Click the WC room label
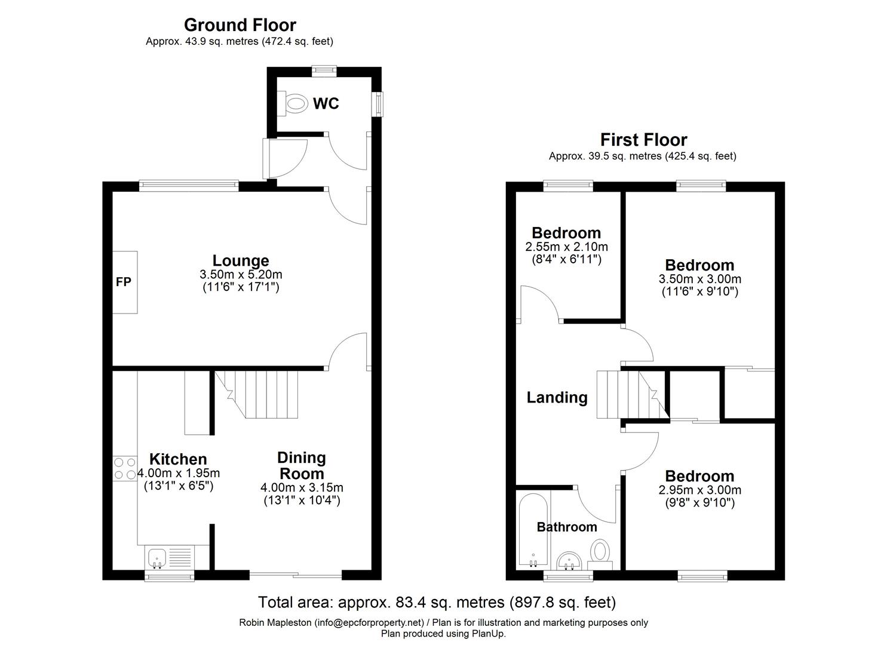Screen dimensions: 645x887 [x=326, y=104]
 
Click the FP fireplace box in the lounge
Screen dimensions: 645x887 [x=124, y=282]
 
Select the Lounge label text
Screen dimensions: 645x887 [x=241, y=260]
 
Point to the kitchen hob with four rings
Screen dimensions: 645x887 [x=124, y=468]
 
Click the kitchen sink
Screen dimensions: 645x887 [x=158, y=557]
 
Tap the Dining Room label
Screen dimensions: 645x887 [x=302, y=466]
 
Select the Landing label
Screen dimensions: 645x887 [x=557, y=398]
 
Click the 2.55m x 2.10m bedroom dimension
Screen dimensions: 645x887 [x=566, y=247]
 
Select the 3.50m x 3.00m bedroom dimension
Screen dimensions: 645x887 [x=699, y=279]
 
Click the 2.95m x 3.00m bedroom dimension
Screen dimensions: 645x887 [x=699, y=490]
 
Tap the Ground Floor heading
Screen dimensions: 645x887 [x=240, y=25]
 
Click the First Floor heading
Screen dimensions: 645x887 [x=643, y=140]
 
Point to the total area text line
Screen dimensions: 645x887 [x=436, y=601]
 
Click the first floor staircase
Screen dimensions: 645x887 [x=630, y=395]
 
